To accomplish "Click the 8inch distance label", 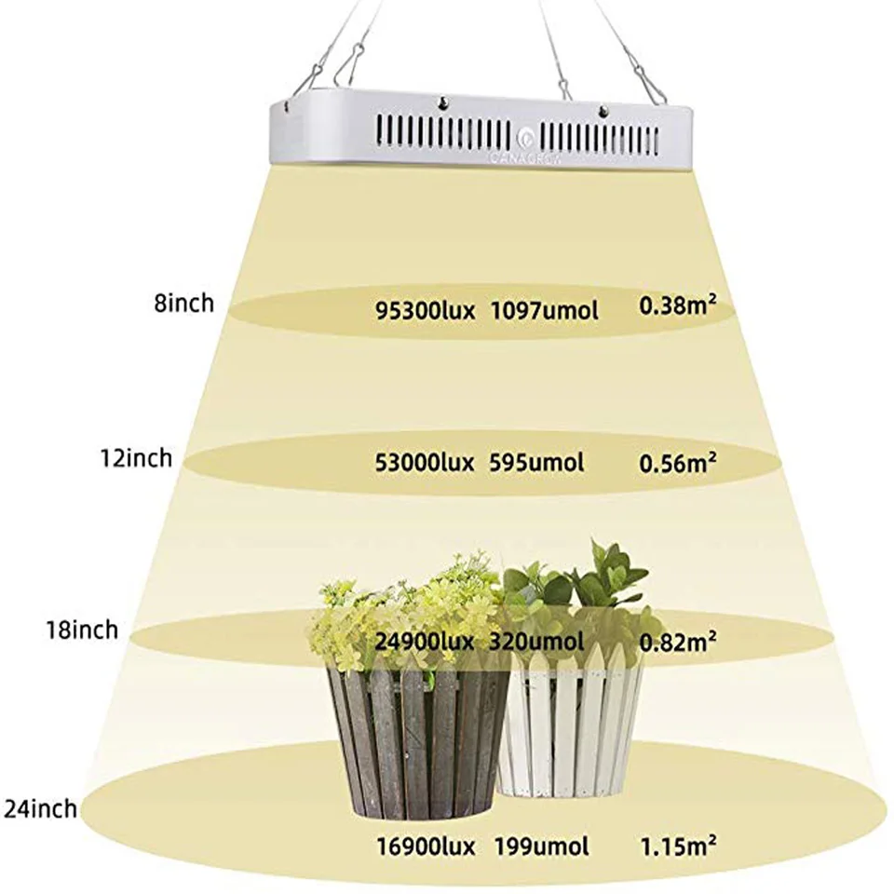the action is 184,303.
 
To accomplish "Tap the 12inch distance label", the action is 136,458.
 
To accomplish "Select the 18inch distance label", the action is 82,630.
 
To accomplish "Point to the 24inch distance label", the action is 40,809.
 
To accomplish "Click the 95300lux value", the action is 426,311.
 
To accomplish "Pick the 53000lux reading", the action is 425,463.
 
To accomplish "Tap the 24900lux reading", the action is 425,642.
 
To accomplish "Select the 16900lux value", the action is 426,847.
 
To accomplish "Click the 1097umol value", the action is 545,311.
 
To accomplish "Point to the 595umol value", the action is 536,463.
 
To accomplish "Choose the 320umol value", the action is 536,642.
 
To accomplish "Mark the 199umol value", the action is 541,847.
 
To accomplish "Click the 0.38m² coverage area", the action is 678,305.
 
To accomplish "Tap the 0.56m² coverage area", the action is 678,463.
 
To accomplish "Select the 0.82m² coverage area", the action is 678,642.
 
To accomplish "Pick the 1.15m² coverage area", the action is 679,847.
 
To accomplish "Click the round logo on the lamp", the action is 524,139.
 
